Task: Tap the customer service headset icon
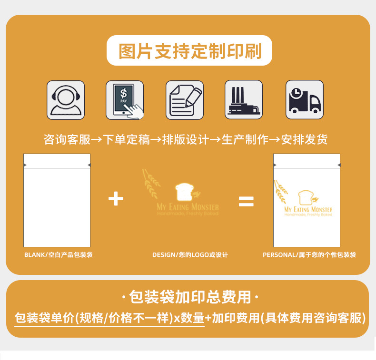coord(66,100)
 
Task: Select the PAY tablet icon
coord(125,100)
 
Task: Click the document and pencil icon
coord(185,100)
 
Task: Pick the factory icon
coord(244,100)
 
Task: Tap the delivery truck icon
coord(305,100)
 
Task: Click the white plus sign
coord(116,198)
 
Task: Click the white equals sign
coord(246,202)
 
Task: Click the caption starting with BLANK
coord(59,255)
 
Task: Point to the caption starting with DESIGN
coord(190,255)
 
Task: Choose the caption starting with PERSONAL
coord(309,255)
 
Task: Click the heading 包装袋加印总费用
coord(189,297)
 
